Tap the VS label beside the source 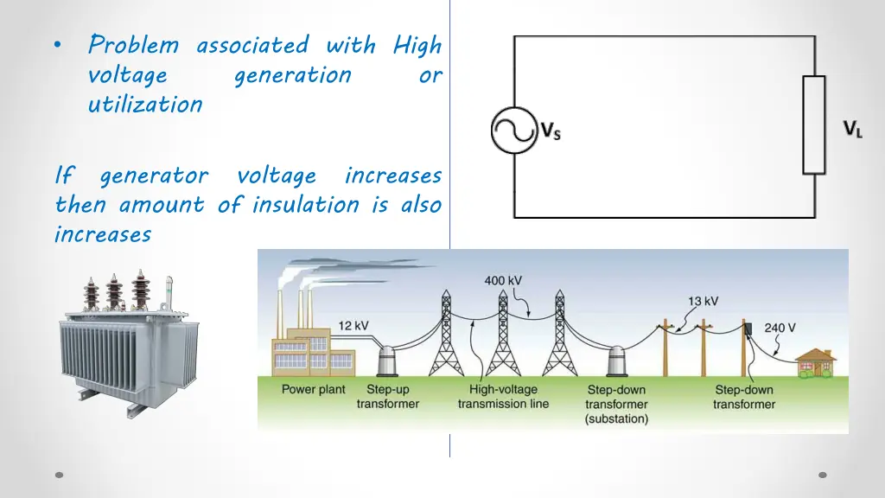[551, 132]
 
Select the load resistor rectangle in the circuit [814, 124]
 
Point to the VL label [852, 131]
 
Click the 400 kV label [502, 281]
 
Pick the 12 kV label [353, 325]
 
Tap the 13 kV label [703, 301]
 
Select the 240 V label [780, 329]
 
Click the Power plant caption [313, 389]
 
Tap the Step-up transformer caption [388, 397]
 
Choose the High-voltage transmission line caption [503, 397]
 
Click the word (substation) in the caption [616, 419]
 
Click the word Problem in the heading [133, 45]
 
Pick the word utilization [145, 105]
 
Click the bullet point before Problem [57, 46]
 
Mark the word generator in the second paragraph [154, 176]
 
